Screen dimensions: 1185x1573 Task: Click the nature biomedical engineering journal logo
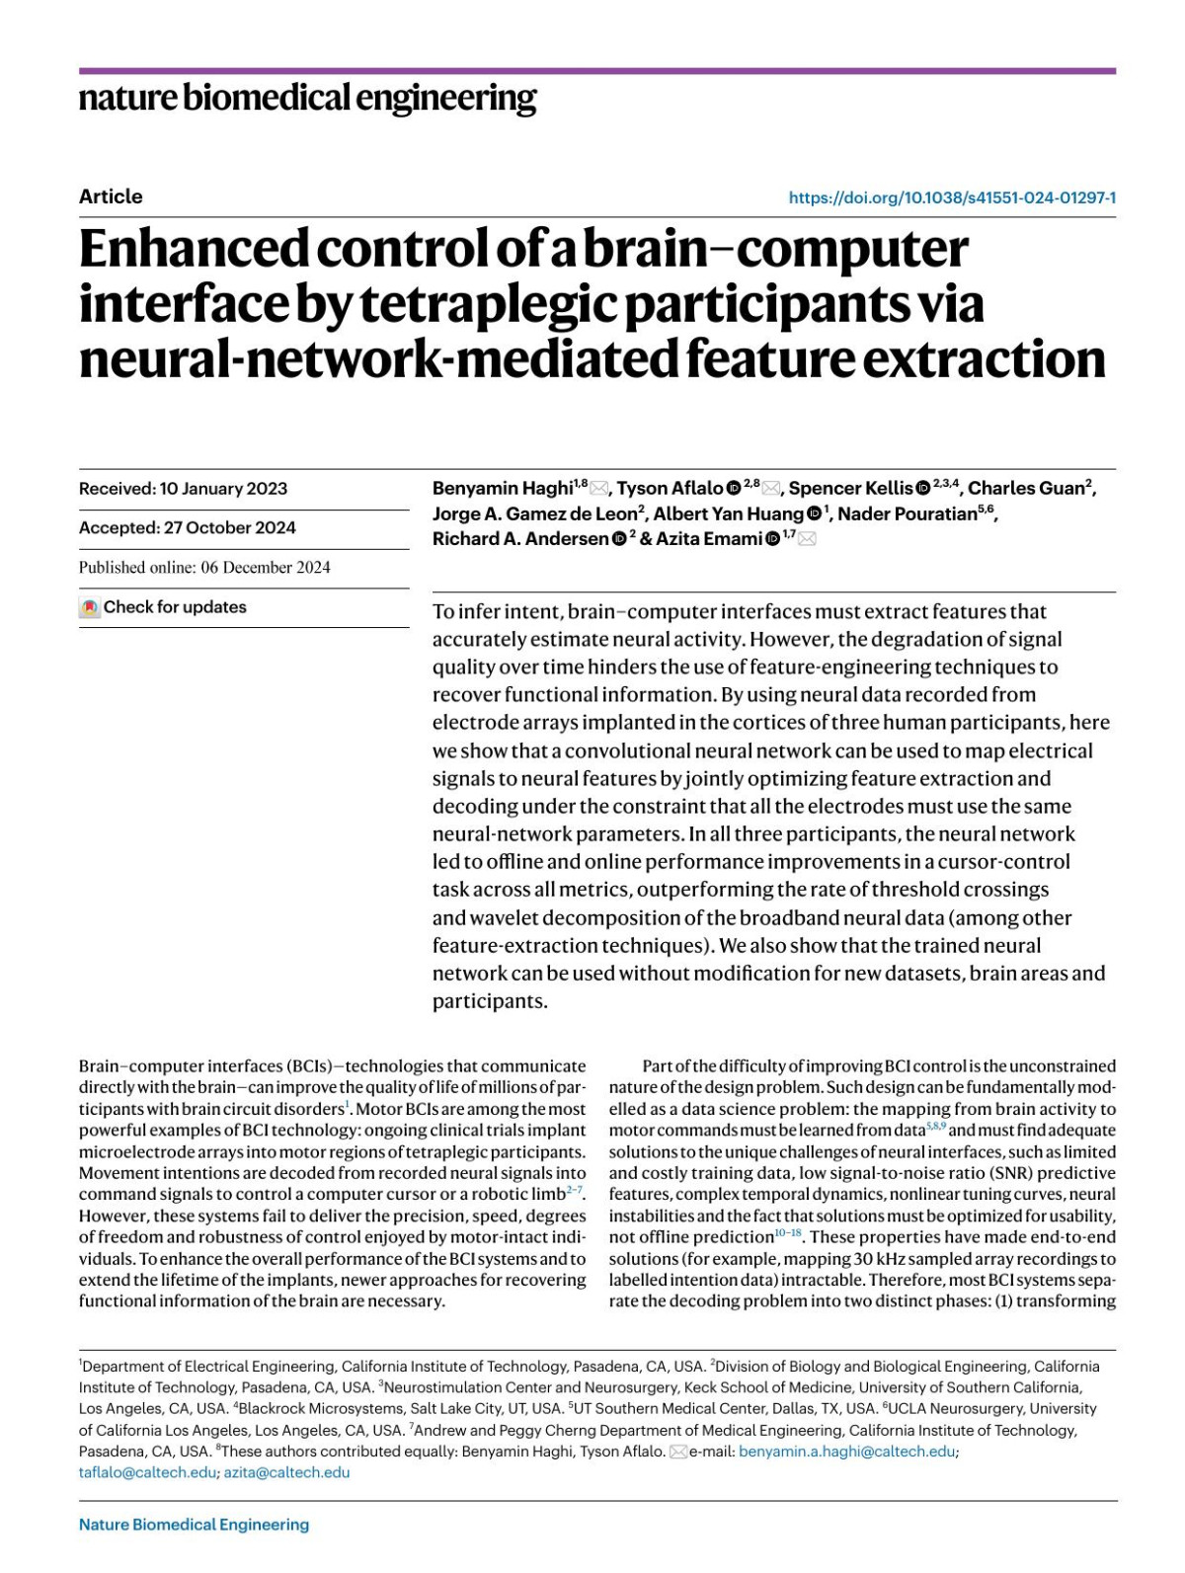[x=307, y=99]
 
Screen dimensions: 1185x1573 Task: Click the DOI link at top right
[x=952, y=197]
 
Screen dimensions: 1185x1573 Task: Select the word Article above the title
[x=111, y=197]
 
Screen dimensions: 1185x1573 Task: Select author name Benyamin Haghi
[x=503, y=488]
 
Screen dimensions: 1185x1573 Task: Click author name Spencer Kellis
[x=850, y=488]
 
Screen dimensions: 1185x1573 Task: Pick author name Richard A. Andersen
[x=520, y=539]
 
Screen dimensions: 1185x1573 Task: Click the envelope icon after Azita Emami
[x=807, y=539]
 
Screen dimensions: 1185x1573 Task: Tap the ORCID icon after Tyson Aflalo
[x=734, y=489]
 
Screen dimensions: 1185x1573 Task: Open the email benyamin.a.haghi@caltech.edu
[x=847, y=1452]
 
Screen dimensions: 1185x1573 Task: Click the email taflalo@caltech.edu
[x=147, y=1472]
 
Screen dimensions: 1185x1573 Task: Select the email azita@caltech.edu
[x=286, y=1472]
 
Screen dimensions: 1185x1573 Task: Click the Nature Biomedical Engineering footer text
[x=194, y=1525]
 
